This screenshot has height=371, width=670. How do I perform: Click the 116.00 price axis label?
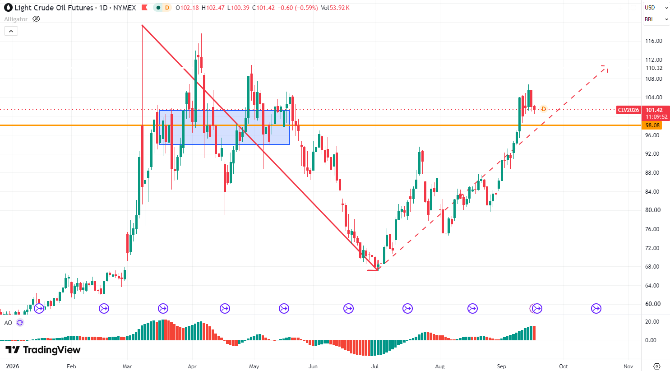pyautogui.click(x=654, y=41)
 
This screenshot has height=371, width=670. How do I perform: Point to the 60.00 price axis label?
pyautogui.click(x=653, y=304)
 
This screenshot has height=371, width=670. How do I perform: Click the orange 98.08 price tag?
pyautogui.click(x=652, y=125)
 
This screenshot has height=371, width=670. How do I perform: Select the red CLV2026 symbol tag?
pyautogui.click(x=628, y=110)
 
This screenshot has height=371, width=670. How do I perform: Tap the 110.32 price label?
pyautogui.click(x=654, y=68)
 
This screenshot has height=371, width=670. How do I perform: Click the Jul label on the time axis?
pyautogui.click(x=375, y=366)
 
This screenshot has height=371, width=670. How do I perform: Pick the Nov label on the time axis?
pyautogui.click(x=628, y=366)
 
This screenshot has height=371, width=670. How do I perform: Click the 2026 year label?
pyautogui.click(x=13, y=366)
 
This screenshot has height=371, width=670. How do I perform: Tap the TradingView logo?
pyautogui.click(x=43, y=350)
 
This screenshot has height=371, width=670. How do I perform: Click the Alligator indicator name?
pyautogui.click(x=16, y=19)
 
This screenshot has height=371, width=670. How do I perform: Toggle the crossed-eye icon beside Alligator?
pyautogui.click(x=36, y=19)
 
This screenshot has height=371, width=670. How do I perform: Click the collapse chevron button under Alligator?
pyautogui.click(x=11, y=31)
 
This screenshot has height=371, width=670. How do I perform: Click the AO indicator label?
pyautogui.click(x=8, y=323)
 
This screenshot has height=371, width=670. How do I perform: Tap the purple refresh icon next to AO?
pyautogui.click(x=20, y=323)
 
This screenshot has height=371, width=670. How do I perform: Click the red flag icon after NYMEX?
pyautogui.click(x=144, y=8)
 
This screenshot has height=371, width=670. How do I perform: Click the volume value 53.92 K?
pyautogui.click(x=339, y=8)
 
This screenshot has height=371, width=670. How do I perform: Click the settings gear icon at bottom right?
pyautogui.click(x=657, y=366)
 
